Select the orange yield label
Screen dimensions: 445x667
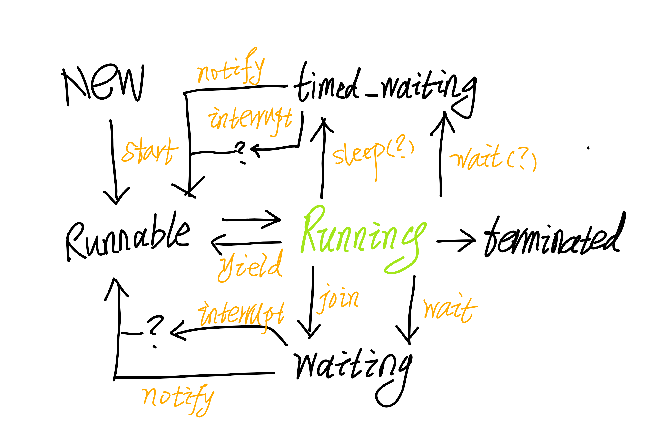click(250, 267)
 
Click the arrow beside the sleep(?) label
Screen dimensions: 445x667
click(323, 159)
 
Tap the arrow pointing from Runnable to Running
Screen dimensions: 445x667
click(251, 220)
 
